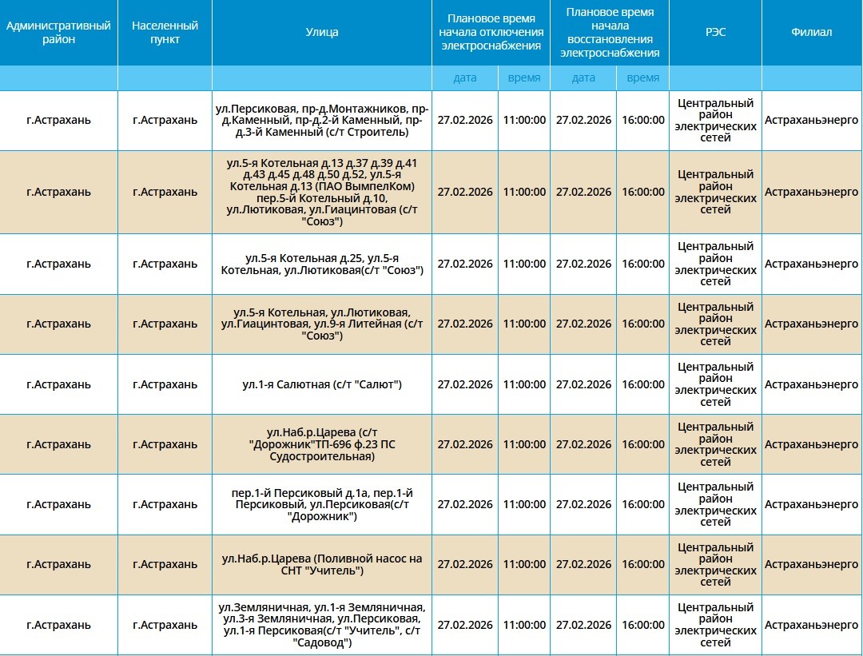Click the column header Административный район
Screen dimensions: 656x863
click(x=58, y=33)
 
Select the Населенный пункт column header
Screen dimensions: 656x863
click(x=165, y=33)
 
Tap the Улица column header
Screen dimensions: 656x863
click(x=322, y=33)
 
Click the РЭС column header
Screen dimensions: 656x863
click(x=715, y=33)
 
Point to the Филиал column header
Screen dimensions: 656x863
click(x=811, y=33)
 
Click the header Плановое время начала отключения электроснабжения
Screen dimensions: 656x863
click(x=491, y=32)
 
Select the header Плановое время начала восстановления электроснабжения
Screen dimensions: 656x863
click(x=610, y=33)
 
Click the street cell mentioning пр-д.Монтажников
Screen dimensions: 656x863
click(x=322, y=121)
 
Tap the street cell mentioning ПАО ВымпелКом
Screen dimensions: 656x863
click(x=322, y=192)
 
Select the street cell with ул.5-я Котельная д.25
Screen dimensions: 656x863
click(x=322, y=264)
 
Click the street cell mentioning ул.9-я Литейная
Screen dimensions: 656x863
click(x=322, y=324)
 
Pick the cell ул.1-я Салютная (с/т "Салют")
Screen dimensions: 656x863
click(x=322, y=384)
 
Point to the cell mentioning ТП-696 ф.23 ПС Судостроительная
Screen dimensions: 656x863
click(x=322, y=444)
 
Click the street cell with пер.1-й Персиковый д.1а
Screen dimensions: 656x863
click(x=322, y=504)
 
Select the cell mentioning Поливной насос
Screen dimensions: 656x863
click(x=322, y=564)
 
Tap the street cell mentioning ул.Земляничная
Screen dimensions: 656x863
click(x=322, y=624)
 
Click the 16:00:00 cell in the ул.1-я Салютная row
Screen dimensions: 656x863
click(x=642, y=384)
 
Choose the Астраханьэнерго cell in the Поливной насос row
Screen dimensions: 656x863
click(x=811, y=564)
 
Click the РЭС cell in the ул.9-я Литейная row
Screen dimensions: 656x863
click(x=715, y=324)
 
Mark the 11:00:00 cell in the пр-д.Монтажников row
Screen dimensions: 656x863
click(x=524, y=121)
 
